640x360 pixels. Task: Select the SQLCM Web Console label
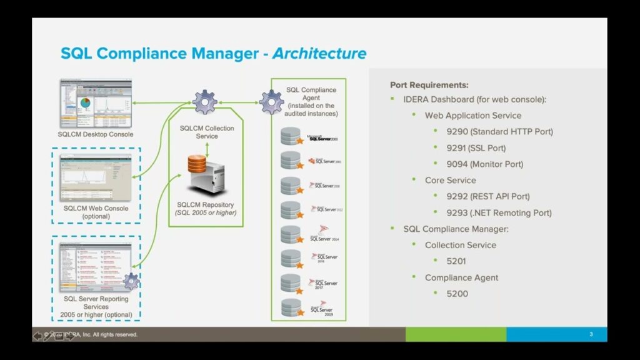tap(96, 209)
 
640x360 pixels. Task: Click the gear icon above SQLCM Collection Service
tap(204, 101)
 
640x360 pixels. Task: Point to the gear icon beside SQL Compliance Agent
tap(271, 101)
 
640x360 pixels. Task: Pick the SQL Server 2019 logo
tap(322, 308)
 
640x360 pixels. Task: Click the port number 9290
tap(457, 132)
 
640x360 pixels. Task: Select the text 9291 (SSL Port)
tap(476, 148)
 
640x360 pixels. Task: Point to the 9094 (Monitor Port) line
tap(485, 164)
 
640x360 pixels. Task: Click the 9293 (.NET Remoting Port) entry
tap(499, 213)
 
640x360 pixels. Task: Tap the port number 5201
tap(456, 261)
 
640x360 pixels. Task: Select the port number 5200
tap(457, 294)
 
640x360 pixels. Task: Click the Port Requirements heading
tap(429, 85)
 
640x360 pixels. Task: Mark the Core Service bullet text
tap(450, 181)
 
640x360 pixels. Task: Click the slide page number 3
tap(591, 335)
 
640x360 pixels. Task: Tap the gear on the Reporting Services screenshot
tap(131, 281)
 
